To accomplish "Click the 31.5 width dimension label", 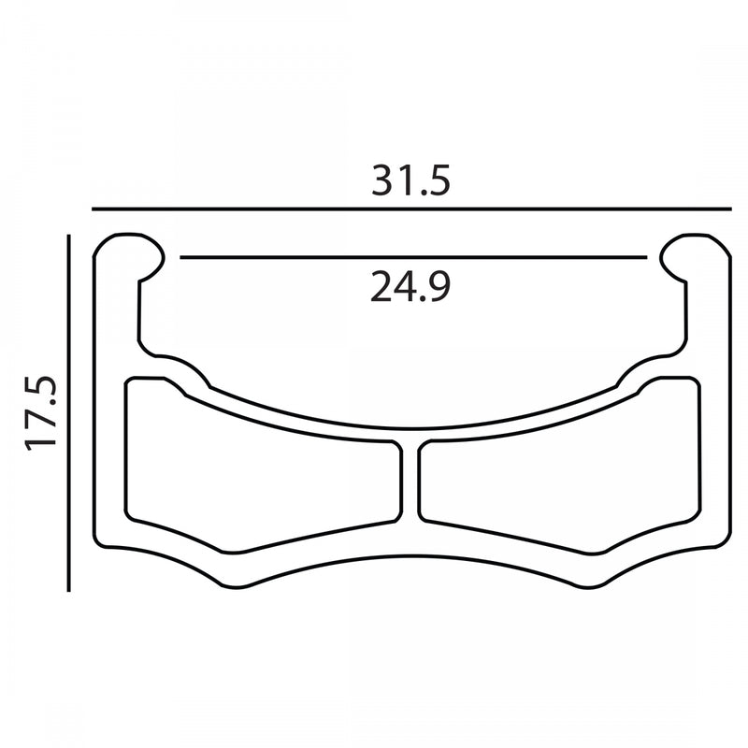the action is tap(410, 180).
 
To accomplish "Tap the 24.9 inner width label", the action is tap(410, 286).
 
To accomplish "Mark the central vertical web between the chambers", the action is tap(410, 482).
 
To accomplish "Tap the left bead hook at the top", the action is tap(128, 258).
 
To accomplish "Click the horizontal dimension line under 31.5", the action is tap(411, 209).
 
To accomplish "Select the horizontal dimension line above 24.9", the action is tap(413, 258).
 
